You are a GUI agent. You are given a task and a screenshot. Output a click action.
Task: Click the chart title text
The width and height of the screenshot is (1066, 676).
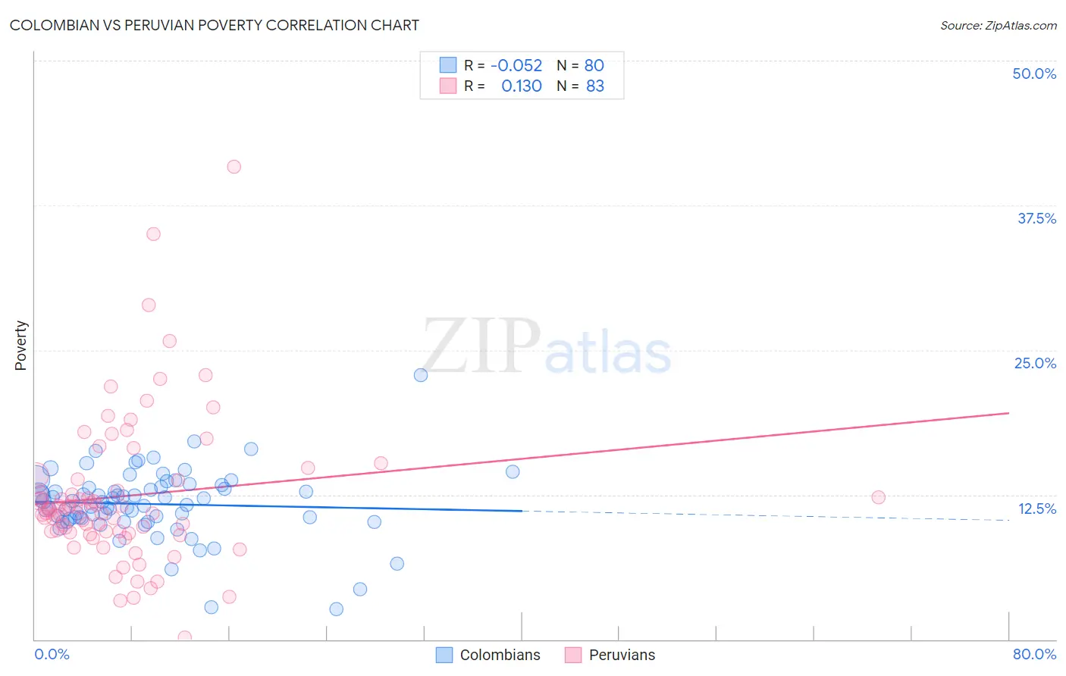[x=214, y=25]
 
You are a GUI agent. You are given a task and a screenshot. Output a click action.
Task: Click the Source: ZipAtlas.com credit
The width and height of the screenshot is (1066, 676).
[x=998, y=25]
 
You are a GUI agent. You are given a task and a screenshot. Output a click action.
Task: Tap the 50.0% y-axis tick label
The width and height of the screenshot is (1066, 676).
[x=1034, y=74]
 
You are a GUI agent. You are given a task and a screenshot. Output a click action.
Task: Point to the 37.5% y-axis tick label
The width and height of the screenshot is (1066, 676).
[x=1036, y=218]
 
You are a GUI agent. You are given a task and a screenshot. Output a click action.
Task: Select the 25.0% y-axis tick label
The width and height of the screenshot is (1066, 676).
[x=1035, y=363]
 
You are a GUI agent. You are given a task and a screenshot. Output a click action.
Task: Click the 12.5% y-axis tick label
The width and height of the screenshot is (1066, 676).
[x=1036, y=509]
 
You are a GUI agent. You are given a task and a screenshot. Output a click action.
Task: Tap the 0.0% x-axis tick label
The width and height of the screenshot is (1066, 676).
[x=52, y=654]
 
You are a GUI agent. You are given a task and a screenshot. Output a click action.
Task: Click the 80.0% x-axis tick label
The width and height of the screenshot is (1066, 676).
[x=1034, y=654]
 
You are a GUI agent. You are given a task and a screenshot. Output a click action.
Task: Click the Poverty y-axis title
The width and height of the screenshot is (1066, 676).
[x=20, y=346]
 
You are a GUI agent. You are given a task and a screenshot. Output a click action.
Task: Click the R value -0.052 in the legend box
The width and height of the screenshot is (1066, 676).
[x=516, y=66]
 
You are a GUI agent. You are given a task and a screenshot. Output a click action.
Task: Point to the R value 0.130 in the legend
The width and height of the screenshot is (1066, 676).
[x=522, y=86]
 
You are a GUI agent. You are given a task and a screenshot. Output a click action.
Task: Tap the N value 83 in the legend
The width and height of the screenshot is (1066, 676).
[x=595, y=86]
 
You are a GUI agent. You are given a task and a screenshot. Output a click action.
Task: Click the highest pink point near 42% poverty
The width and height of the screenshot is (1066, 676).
[x=234, y=167]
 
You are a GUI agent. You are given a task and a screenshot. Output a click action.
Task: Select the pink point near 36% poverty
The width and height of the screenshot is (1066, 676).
[x=153, y=234]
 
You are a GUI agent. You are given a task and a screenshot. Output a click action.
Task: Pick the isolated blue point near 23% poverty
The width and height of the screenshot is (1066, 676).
[x=421, y=375]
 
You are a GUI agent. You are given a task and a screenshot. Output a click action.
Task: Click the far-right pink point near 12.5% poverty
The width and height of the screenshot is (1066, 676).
[x=878, y=497]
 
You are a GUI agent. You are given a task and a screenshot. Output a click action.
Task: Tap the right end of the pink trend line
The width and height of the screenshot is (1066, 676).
[x=1008, y=413]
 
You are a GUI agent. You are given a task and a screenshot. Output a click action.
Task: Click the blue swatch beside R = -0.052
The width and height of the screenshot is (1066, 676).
[x=448, y=66]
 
